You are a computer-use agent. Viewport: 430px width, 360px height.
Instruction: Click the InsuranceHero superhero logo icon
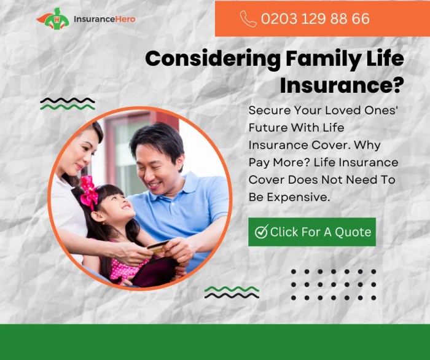coord(53,18)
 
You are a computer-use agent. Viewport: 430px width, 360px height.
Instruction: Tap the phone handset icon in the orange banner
coord(248,19)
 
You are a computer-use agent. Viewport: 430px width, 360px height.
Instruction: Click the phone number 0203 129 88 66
coord(315,19)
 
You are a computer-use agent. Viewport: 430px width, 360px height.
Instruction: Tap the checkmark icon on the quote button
coord(261,232)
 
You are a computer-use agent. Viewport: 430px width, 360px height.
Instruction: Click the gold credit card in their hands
coord(158,247)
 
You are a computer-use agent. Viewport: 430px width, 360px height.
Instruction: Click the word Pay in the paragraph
coord(259,163)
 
